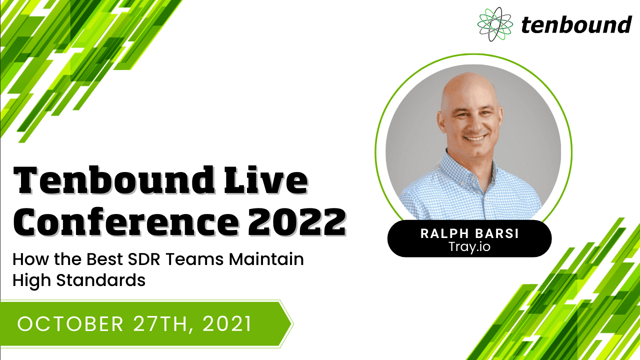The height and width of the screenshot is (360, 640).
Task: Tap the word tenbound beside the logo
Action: point(576,24)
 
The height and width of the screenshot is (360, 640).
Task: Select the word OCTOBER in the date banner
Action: point(70,324)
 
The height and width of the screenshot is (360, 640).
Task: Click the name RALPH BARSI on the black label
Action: point(469,232)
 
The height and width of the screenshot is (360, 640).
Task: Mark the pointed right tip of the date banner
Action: point(292,324)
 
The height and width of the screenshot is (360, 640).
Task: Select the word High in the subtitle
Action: point(30,280)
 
